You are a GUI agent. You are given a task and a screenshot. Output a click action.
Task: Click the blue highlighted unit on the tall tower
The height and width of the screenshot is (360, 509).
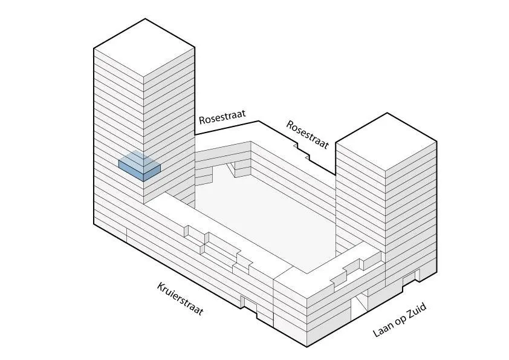pos(140,166)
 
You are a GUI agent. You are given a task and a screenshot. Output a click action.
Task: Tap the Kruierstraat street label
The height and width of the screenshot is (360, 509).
pos(180,299)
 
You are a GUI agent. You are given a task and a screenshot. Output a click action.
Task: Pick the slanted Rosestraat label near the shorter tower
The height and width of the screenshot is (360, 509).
pos(308,134)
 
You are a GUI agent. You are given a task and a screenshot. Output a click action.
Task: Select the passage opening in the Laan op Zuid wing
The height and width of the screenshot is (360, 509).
pos(361,301)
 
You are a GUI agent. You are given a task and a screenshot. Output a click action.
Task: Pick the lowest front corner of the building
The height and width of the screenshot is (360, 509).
pos(306,347)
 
